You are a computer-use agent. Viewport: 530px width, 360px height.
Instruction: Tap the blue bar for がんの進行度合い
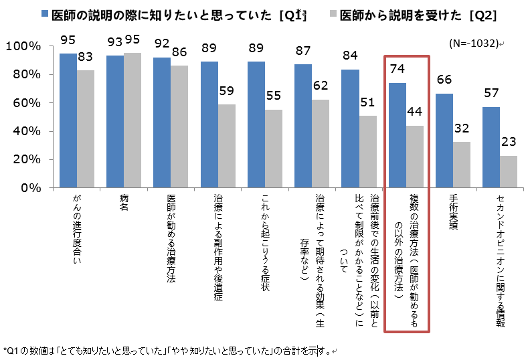coord(68,120)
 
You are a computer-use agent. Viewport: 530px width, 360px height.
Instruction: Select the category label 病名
coord(124,203)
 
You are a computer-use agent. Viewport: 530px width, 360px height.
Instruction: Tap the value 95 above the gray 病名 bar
coord(134,41)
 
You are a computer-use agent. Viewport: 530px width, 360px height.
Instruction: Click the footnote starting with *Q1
coord(167,349)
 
